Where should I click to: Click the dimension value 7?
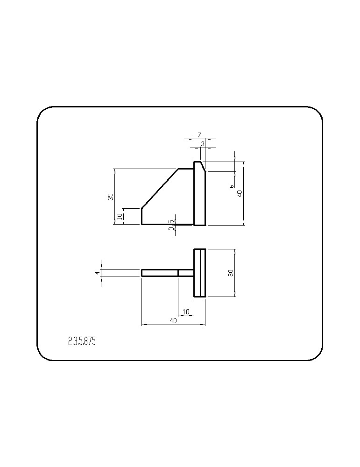click(x=199, y=135)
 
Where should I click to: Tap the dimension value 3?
click(x=203, y=144)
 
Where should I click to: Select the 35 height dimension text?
click(x=111, y=197)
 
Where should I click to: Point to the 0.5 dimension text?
click(x=171, y=226)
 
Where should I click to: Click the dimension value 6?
click(x=232, y=186)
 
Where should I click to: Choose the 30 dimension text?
click(x=231, y=273)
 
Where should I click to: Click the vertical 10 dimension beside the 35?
click(x=120, y=216)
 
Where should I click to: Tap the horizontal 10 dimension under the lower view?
click(x=186, y=312)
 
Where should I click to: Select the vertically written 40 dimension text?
click(x=240, y=193)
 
